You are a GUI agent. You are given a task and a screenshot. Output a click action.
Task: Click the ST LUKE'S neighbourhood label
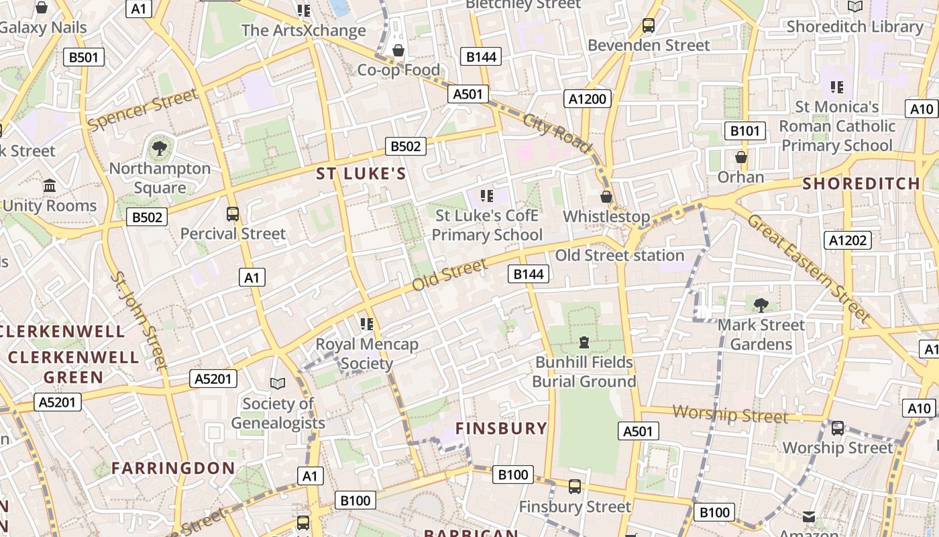(361, 174)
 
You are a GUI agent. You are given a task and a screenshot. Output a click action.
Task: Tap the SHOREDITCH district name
(861, 183)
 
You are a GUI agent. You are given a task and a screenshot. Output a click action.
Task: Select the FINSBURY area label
(502, 428)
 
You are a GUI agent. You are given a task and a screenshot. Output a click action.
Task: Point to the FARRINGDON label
(173, 468)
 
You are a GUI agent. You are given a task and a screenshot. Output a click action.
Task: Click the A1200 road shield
(587, 99)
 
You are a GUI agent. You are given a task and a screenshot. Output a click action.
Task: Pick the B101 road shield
(744, 131)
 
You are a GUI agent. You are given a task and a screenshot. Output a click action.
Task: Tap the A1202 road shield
(848, 240)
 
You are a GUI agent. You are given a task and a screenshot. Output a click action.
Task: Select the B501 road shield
(84, 57)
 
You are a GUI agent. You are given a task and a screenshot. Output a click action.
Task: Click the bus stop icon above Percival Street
(233, 214)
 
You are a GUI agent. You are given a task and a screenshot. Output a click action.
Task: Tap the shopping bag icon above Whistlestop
(606, 197)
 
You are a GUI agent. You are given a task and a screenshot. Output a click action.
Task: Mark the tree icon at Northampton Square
(160, 148)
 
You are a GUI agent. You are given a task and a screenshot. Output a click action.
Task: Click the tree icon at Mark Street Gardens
(761, 305)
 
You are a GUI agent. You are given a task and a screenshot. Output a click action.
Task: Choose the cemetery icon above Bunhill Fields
(584, 342)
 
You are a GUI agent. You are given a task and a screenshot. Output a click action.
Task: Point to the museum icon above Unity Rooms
(50, 185)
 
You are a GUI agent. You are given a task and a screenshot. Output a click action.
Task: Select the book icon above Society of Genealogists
(278, 383)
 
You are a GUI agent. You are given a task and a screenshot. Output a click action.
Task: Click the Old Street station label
(619, 255)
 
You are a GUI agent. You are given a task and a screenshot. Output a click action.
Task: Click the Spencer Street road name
(143, 109)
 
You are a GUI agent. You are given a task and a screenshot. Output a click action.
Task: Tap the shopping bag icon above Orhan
(741, 157)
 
